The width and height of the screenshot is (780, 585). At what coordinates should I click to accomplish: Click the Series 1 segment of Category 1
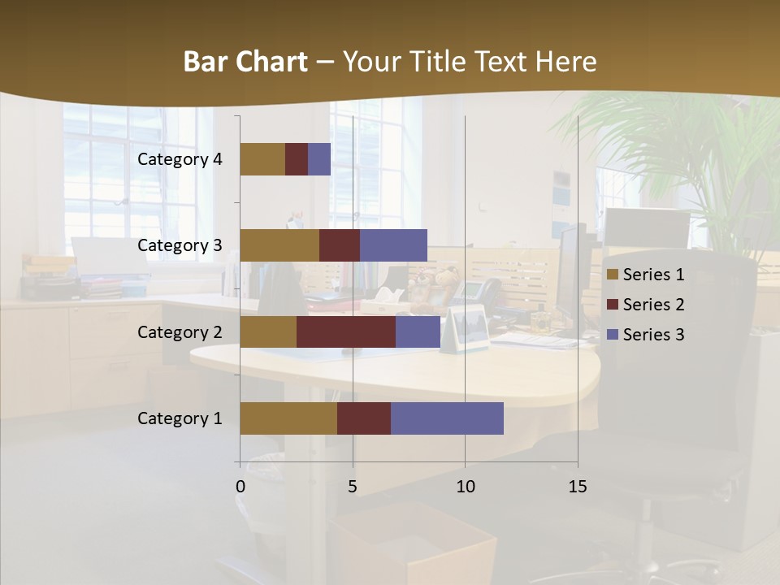[x=288, y=418]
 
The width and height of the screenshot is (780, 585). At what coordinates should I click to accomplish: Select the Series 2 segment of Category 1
[x=364, y=418]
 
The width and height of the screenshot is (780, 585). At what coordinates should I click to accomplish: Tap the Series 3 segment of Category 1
[x=447, y=418]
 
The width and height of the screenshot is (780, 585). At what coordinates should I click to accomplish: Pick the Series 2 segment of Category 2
[x=346, y=331]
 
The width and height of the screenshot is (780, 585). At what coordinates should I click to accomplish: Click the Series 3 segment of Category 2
[x=418, y=331]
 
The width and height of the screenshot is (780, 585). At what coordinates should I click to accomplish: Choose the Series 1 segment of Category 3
[x=279, y=245]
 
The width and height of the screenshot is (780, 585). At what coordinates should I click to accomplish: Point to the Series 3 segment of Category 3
[x=393, y=245]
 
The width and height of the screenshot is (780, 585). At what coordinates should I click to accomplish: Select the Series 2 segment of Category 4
[x=297, y=159]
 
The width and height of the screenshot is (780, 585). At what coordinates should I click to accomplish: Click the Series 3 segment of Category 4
[x=319, y=159]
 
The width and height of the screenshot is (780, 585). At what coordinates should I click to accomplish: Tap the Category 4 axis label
[x=180, y=159]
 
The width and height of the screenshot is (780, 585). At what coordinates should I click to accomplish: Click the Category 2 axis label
[x=180, y=331]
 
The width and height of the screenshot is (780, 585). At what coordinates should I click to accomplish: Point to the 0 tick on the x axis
[x=240, y=487]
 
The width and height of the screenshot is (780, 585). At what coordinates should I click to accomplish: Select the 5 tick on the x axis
[x=353, y=487]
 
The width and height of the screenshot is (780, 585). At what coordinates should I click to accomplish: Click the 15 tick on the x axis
[x=577, y=487]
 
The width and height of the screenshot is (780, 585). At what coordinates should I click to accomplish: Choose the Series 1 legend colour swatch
[x=613, y=275]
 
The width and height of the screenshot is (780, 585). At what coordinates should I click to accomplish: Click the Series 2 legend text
[x=653, y=305]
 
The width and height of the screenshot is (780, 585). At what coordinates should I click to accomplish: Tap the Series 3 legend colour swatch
[x=613, y=335]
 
